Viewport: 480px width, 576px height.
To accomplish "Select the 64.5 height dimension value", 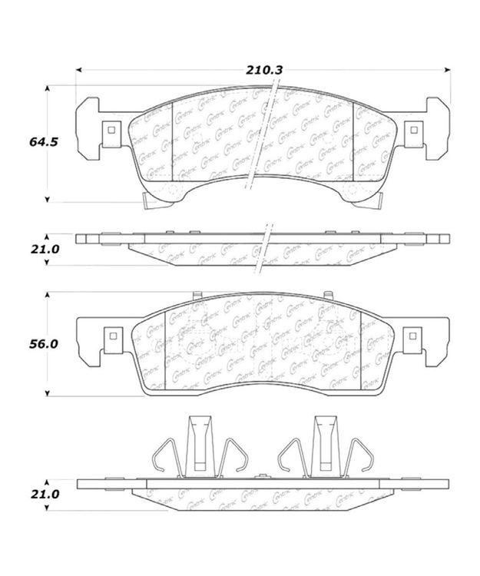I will click(43, 142).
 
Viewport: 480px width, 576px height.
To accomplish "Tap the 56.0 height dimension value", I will click(43, 345).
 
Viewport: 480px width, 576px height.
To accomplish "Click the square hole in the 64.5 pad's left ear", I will click(111, 130).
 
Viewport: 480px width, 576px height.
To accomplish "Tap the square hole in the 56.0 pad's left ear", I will click(111, 336).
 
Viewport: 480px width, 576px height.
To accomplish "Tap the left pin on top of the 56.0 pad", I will click(197, 295).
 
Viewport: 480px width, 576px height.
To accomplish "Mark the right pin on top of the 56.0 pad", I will click(328, 295).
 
